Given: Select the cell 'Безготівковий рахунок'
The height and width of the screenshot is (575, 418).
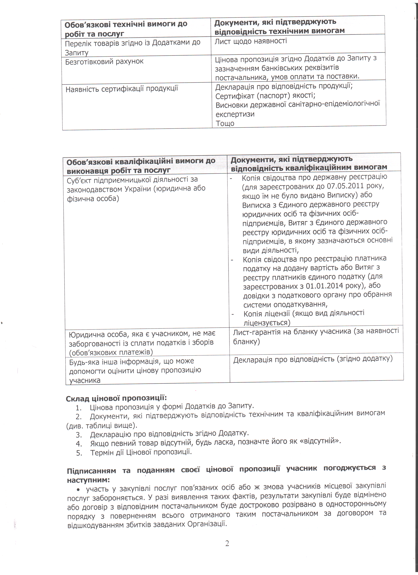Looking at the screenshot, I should point(104,62).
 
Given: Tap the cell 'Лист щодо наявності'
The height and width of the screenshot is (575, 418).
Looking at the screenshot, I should point(251,41).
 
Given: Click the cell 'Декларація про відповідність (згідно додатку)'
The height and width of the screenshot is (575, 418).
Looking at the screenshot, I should point(313,359).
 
